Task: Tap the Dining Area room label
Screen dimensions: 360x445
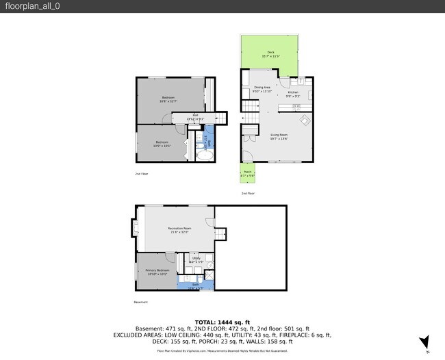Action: pyautogui.click(x=262, y=88)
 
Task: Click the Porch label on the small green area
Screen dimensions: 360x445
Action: pyautogui.click(x=247, y=175)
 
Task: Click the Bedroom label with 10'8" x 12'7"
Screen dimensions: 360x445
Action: pyautogui.click(x=168, y=99)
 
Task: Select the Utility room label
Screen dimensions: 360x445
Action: pyautogui.click(x=196, y=259)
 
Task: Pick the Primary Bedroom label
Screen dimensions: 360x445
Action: pyautogui.click(x=157, y=271)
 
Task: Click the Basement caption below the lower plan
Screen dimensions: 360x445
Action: pyautogui.click(x=140, y=302)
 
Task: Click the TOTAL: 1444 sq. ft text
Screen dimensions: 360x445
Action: pyautogui.click(x=222, y=322)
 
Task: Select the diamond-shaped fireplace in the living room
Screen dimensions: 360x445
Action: pyautogui.click(x=305, y=121)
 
